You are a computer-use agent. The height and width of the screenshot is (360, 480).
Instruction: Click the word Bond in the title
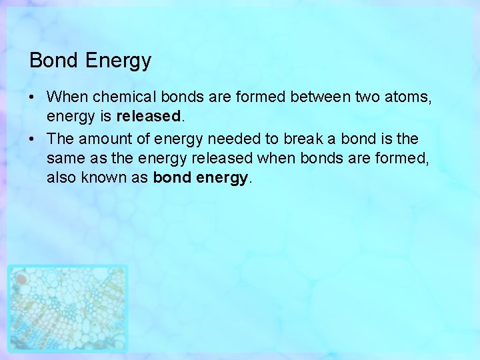(55, 61)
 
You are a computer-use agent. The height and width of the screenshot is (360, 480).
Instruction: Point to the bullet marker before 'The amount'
(32, 139)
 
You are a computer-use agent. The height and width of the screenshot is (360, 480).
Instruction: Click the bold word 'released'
(149, 117)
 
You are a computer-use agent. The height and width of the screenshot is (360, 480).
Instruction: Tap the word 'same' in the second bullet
(63, 159)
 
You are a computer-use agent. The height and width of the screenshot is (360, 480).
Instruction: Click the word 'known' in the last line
(102, 178)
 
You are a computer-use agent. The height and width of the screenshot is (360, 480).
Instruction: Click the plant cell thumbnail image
(67, 308)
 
